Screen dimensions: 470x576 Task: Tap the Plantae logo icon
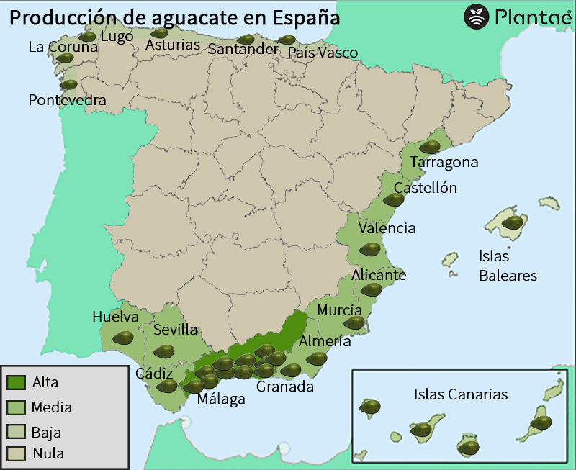coord(476,16)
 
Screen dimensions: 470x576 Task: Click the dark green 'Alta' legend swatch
coord(16,382)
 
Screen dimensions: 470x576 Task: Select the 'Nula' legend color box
coord(16,453)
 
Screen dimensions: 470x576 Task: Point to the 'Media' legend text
coord(51,407)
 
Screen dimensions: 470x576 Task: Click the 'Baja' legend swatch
coord(16,432)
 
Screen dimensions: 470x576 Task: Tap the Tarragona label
coord(444,163)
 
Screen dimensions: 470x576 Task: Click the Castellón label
coord(425,188)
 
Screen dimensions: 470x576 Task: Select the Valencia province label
coord(387,228)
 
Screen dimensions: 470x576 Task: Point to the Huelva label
coord(115,317)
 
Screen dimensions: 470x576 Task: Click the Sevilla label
coord(176,330)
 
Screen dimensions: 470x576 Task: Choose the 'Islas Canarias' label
coord(461,394)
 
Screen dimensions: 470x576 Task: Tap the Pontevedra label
coord(67,100)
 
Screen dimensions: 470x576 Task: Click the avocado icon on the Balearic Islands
coord(513,222)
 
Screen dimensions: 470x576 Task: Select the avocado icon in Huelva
coord(123,338)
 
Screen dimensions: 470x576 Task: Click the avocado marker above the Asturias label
coord(159,32)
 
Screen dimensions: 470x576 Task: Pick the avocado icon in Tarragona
coord(430,147)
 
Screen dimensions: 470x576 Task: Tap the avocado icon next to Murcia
coord(354,322)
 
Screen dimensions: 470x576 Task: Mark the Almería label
coord(325,341)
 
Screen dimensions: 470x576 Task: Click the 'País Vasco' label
coord(322,53)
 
